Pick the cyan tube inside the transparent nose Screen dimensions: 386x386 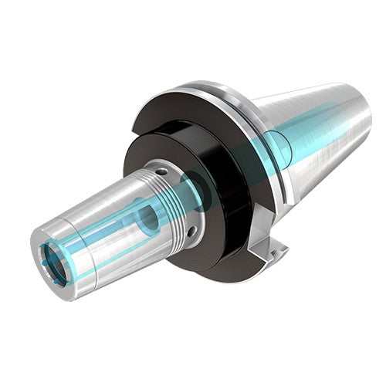click(100, 232)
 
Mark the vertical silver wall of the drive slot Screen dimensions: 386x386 click(279, 245)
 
